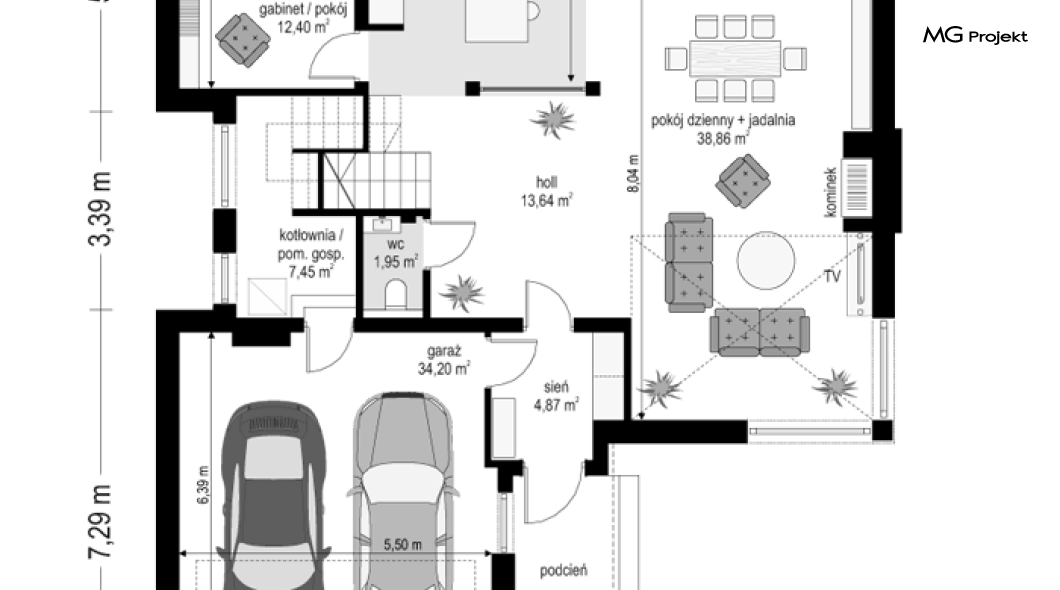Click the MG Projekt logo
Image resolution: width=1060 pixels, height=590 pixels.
tap(975, 36)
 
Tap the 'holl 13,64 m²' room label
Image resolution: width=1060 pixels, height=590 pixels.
tap(546, 191)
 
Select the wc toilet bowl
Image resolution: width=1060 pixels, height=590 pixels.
tap(395, 294)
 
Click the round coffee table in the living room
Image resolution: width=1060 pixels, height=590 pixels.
tap(766, 260)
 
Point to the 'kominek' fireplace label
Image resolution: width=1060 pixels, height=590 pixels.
tap(831, 193)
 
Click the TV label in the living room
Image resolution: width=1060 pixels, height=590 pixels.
tap(832, 276)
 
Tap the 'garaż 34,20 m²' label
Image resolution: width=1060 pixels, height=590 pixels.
tap(443, 360)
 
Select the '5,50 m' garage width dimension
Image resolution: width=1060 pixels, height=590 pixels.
tap(402, 545)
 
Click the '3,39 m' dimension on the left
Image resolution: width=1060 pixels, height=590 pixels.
tap(100, 209)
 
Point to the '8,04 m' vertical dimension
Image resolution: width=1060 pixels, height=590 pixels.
tap(633, 174)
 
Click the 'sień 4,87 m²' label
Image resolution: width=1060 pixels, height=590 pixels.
tap(556, 396)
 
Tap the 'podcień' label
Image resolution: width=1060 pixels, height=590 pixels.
tap(563, 571)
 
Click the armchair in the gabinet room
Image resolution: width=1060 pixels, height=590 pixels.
tap(242, 40)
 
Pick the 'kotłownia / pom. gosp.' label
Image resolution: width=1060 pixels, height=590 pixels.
tap(311, 245)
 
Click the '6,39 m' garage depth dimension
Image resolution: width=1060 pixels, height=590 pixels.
tap(203, 485)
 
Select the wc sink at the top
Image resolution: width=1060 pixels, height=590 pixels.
tap(383, 224)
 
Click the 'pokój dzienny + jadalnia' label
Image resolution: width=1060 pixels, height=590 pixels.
tap(723, 120)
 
